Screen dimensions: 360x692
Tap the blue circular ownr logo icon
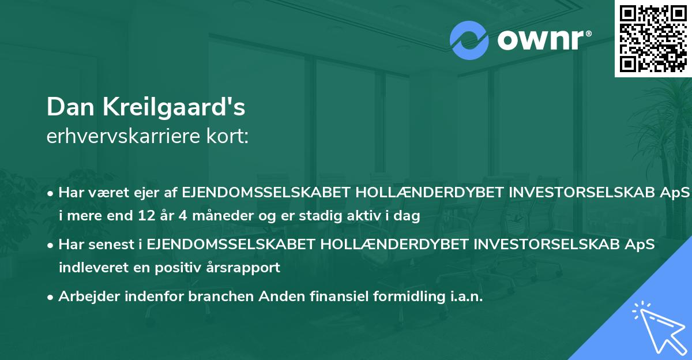(469, 40)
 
